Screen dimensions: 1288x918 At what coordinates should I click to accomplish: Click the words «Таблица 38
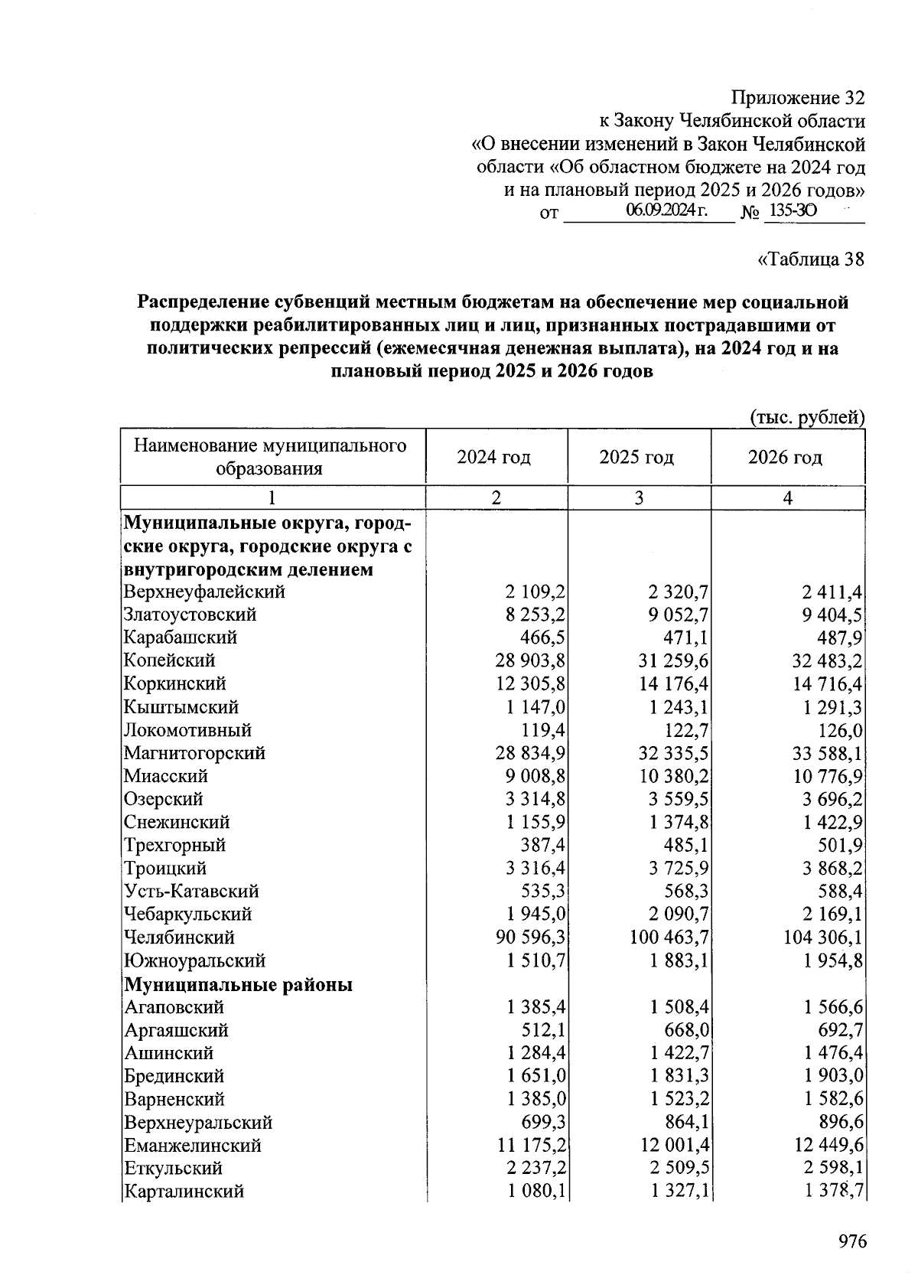pos(810,259)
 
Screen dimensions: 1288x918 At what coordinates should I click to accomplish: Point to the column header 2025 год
pos(636,458)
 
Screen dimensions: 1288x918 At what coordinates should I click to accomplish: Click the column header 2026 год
pos(785,458)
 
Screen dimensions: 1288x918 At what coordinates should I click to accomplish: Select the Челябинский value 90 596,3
pos(530,937)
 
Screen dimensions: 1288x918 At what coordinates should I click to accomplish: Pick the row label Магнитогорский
pos(194,753)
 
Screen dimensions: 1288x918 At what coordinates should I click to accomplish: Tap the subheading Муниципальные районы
pos(238,984)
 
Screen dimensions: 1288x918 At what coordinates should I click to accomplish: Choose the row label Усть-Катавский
pos(191,892)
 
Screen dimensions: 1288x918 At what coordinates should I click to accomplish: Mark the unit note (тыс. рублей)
pos(806,417)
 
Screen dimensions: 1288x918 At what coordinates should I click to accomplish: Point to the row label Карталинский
pos(184,1192)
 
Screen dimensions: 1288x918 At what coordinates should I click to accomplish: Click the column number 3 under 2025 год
pos(639,498)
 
